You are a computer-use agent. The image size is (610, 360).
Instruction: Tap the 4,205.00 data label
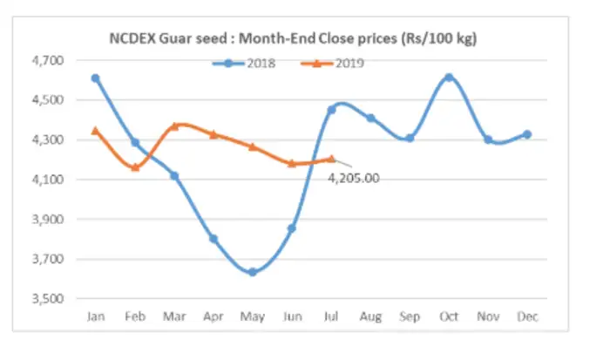tap(355, 178)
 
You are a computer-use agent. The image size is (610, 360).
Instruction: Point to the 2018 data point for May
tap(252, 272)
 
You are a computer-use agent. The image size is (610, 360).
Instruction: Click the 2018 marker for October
tap(449, 78)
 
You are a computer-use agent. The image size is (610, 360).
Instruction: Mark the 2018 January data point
tap(95, 78)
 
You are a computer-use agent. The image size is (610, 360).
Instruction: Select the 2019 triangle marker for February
tap(134, 166)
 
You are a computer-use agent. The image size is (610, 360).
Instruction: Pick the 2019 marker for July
tap(330, 159)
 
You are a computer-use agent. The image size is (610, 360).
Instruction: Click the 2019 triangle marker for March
tap(173, 126)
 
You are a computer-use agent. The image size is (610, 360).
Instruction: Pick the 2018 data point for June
tap(292, 228)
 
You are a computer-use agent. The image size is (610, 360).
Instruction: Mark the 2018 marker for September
tap(410, 138)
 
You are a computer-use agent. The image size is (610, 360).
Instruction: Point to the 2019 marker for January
tap(95, 131)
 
